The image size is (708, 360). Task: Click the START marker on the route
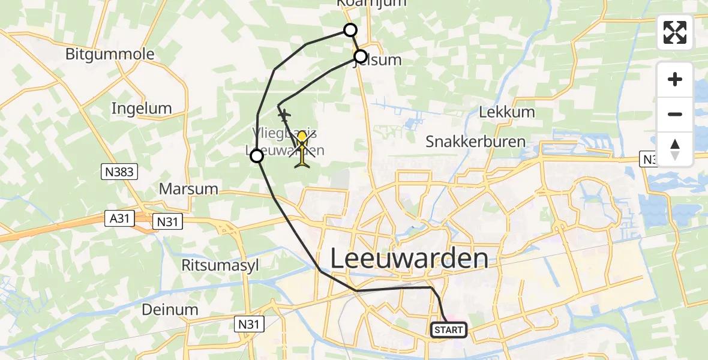tap(448, 329)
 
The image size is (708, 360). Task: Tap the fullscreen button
tap(675, 32)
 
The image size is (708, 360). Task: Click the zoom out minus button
tap(675, 114)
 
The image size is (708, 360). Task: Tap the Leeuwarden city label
tap(409, 259)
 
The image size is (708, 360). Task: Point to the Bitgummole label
tap(110, 55)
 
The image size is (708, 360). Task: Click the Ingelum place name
tap(142, 109)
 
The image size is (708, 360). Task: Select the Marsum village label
tap(188, 189)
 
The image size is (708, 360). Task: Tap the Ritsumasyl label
tap(220, 265)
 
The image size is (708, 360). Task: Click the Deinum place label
tap(170, 310)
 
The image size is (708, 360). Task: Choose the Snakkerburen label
tap(475, 142)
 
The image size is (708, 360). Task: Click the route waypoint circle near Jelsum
tap(361, 57)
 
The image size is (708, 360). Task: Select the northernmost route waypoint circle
tap(350, 30)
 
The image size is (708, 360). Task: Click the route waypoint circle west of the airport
tap(257, 157)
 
